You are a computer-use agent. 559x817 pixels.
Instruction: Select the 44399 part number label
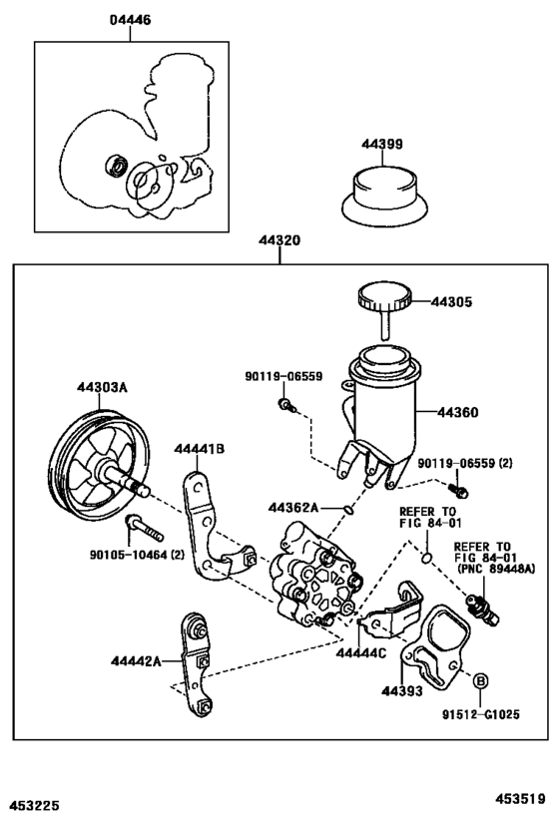click(x=382, y=145)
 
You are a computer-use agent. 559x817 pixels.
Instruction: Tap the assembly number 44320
click(x=280, y=241)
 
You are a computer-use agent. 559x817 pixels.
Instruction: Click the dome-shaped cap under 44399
click(x=382, y=193)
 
